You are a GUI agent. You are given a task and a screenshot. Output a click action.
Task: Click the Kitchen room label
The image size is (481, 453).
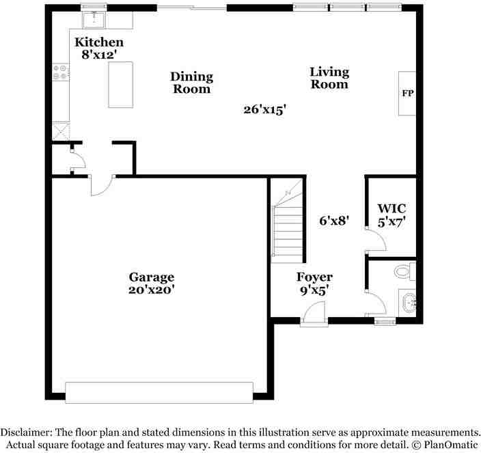(99, 42)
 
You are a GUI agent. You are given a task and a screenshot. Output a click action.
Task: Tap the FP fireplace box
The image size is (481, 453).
(408, 93)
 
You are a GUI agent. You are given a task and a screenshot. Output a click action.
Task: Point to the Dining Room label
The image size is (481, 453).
(191, 83)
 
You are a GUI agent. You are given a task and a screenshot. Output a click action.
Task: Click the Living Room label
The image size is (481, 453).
(329, 78)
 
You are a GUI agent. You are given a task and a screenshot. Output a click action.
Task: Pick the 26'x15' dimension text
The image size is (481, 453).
(264, 109)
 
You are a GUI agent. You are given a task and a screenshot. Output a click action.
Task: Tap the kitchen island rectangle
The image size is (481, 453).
(120, 84)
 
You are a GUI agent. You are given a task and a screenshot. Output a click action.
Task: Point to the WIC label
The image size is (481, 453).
(392, 208)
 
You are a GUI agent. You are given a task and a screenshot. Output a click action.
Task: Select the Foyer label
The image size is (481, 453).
(314, 277)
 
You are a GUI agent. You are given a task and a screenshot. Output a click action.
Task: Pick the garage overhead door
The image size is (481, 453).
(159, 392)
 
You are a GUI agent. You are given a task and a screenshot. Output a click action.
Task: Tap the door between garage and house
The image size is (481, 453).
(102, 184)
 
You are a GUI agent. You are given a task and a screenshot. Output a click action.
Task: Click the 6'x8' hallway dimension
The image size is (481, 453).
(335, 221)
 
